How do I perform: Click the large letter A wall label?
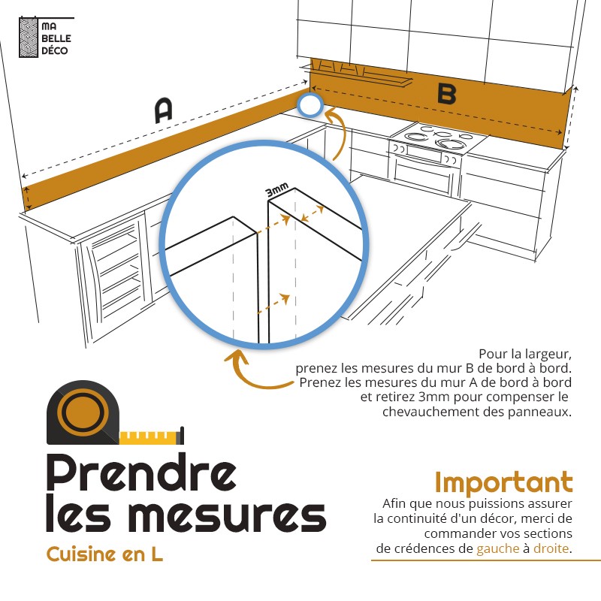tap(164, 110)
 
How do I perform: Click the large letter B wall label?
tap(446, 94)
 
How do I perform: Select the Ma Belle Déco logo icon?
tap(29, 38)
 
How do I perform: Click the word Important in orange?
tap(503, 482)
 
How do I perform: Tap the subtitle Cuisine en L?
tap(104, 555)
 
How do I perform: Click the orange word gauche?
tap(497, 548)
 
